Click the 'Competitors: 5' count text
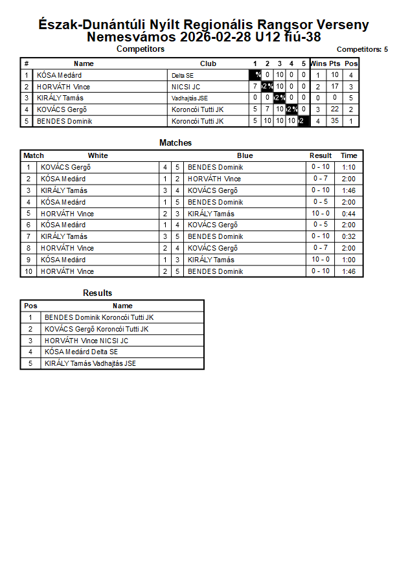pyautogui.click(x=362, y=49)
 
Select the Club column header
pyautogui.click(x=208, y=63)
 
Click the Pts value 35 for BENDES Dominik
pyautogui.click(x=334, y=121)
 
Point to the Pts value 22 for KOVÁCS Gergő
pyautogui.click(x=334, y=109)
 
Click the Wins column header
pyautogui.click(x=318, y=63)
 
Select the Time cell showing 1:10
pyautogui.click(x=348, y=167)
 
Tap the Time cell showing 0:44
pyautogui.click(x=348, y=214)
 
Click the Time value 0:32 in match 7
pyautogui.click(x=348, y=236)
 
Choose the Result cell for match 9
pyautogui.click(x=320, y=260)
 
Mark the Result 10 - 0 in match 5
pyautogui.click(x=320, y=214)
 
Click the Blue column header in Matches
pyautogui.click(x=245, y=155)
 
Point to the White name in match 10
pyautogui.click(x=67, y=271)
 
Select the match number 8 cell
pyautogui.click(x=28, y=248)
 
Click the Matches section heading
pyautogui.click(x=176, y=142)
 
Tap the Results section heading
pyautogui.click(x=97, y=293)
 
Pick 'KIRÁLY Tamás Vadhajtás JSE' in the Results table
pyautogui.click(x=90, y=363)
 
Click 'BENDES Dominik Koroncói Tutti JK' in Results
pyautogui.click(x=99, y=317)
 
